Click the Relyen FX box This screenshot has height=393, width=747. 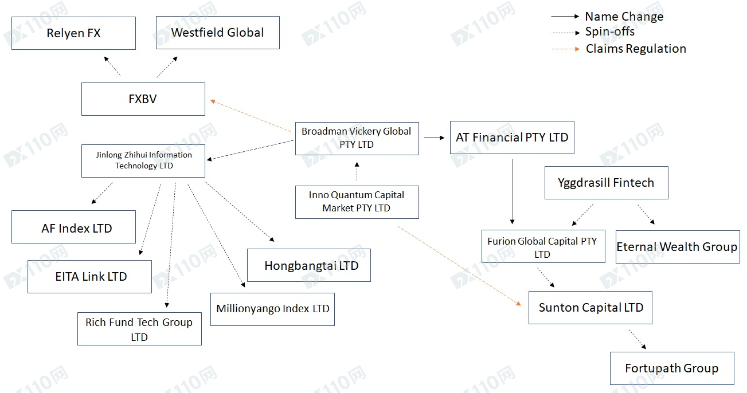point(74,33)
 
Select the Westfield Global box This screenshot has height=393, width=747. point(218,33)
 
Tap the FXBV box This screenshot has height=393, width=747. point(143,99)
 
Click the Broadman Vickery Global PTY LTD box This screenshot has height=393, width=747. point(357,138)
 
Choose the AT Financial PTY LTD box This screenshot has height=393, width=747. point(512,137)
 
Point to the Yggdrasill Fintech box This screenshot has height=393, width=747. point(607,183)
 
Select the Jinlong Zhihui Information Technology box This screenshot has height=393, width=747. point(143,160)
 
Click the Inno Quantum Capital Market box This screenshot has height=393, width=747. point(357,202)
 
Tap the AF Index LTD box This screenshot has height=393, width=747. point(74,227)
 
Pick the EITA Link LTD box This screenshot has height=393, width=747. point(89,277)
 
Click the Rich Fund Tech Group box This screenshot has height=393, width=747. point(140,329)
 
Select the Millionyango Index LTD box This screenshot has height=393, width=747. point(272,309)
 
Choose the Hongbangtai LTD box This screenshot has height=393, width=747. point(309,265)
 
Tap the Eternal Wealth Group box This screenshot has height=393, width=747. point(678,247)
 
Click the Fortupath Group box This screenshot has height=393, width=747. point(672,368)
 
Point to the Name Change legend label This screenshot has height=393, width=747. point(624,17)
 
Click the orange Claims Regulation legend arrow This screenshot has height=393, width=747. point(566,49)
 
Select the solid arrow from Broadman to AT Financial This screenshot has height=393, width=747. point(434,137)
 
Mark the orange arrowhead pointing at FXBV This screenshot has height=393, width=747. point(213,101)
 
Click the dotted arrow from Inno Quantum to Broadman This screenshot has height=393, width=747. point(357,171)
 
